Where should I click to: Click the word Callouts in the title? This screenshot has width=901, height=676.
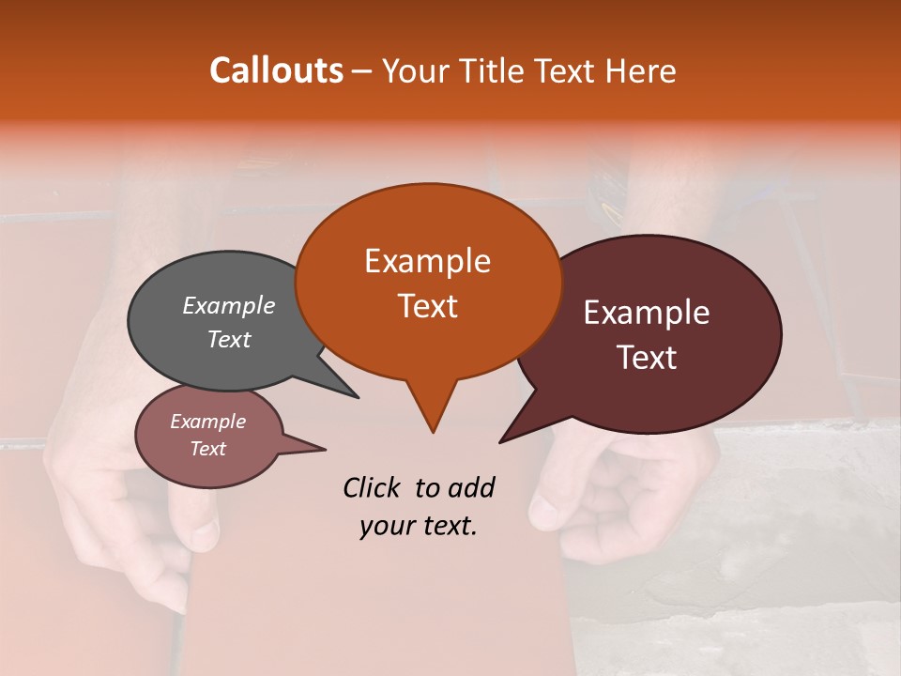tap(276, 70)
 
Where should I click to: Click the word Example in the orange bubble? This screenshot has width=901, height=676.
tap(427, 261)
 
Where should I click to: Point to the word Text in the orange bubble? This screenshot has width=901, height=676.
tap(427, 306)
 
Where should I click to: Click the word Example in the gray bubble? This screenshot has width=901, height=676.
tap(229, 305)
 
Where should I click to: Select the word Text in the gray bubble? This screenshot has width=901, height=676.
tap(229, 339)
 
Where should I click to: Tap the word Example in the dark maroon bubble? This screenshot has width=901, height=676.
tap(647, 313)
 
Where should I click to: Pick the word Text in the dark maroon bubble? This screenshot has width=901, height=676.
tap(647, 357)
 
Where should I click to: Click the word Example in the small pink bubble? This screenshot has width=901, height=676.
tap(208, 422)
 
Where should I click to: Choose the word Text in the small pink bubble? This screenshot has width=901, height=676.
tap(208, 449)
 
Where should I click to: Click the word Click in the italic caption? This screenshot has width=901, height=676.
tap(374, 487)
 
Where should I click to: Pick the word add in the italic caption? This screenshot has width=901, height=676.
tap(471, 487)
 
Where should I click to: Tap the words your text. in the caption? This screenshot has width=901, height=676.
tap(419, 526)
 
